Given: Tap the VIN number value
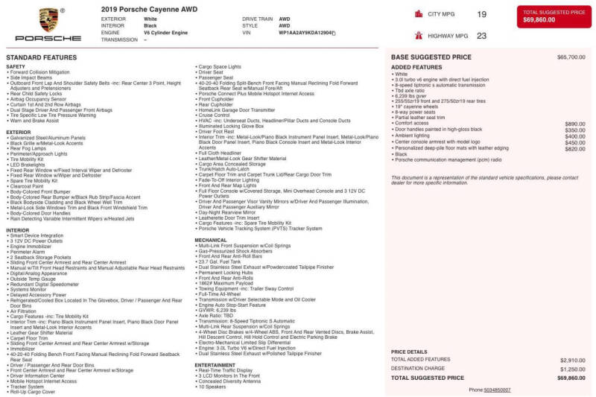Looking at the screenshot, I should [307, 33].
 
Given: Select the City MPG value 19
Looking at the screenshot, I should [481, 14].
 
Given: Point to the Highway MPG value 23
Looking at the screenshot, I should [481, 35].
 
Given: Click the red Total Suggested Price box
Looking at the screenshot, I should [554, 16].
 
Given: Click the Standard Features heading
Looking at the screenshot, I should [41, 57].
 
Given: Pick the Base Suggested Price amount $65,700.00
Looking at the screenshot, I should [571, 57].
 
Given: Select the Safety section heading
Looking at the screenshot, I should [16, 66].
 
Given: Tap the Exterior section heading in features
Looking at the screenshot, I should [19, 132].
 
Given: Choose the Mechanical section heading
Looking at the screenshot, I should [211, 240].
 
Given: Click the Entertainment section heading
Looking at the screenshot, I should [216, 365].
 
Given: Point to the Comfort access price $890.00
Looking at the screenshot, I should [574, 124].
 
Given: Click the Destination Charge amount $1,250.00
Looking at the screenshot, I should [572, 369].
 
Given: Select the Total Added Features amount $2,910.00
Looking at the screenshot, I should [572, 360].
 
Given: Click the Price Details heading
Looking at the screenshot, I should [409, 352].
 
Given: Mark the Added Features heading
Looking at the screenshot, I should [416, 67].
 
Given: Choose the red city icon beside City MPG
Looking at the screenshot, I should [418, 14].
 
